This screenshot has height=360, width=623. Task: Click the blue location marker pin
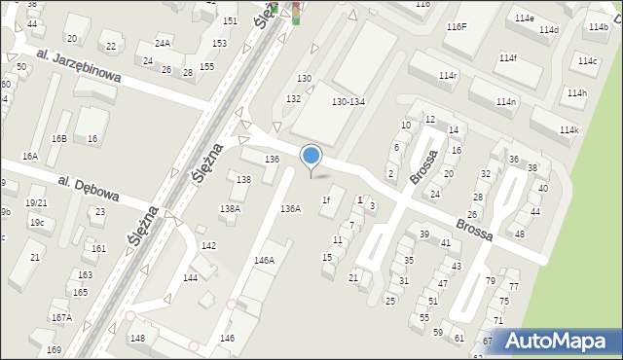(x=311, y=156)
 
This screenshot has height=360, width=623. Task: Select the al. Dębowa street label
(x=88, y=189)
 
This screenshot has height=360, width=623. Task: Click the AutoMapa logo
(x=559, y=342)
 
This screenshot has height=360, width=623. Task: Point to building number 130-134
(x=348, y=101)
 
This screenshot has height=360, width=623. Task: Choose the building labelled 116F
(x=457, y=26)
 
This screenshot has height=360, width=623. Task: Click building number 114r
(x=448, y=75)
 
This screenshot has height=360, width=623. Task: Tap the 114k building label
(x=568, y=130)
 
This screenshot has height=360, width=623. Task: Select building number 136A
(x=291, y=208)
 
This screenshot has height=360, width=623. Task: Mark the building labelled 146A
(x=264, y=260)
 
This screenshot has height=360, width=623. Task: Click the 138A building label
(x=230, y=208)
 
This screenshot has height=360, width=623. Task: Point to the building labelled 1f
(x=327, y=200)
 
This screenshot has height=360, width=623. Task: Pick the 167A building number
(x=61, y=317)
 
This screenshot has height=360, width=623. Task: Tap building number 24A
(x=163, y=43)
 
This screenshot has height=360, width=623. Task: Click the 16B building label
(x=59, y=139)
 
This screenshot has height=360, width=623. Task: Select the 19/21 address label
(x=36, y=202)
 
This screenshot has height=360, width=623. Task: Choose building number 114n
(x=505, y=101)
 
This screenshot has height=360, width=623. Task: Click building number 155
(x=206, y=66)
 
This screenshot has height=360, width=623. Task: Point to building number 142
(x=208, y=245)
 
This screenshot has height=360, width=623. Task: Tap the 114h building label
(x=577, y=93)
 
